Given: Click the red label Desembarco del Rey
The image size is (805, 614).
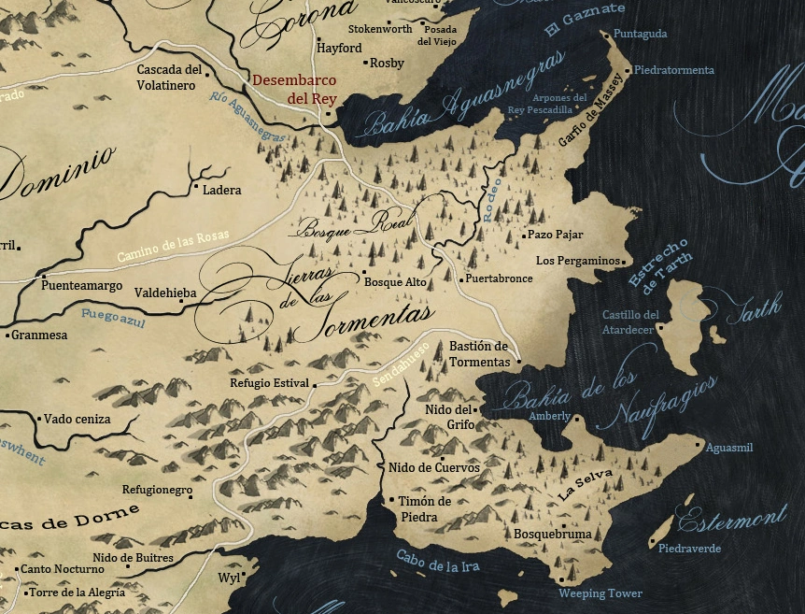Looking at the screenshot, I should point(294,89).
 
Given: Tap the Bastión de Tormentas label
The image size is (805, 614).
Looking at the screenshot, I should point(479,353).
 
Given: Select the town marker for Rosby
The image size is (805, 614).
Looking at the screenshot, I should point(364,63).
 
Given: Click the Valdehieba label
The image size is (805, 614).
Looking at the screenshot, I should point(165,293).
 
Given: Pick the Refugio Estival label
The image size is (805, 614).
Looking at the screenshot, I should point(269,383).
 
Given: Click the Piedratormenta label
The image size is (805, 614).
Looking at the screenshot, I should point(674,70).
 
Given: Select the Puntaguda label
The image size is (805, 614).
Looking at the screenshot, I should point(641,34).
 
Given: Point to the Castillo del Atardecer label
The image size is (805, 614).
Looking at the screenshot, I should point(630,321).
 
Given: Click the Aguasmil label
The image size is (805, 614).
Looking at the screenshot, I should point(729,449).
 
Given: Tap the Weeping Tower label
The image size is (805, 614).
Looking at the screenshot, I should point(600,593).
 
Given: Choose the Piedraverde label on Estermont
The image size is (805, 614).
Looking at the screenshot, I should point(689,549).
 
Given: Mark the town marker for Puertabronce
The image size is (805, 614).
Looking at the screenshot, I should point(460,278).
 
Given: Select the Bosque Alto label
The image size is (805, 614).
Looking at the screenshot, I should point(395,281).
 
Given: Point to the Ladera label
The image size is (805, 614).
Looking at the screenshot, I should point(221,190).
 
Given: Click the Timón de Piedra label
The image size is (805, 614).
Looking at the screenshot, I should point(425,508).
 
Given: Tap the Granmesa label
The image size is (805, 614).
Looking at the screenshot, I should point(39,335).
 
